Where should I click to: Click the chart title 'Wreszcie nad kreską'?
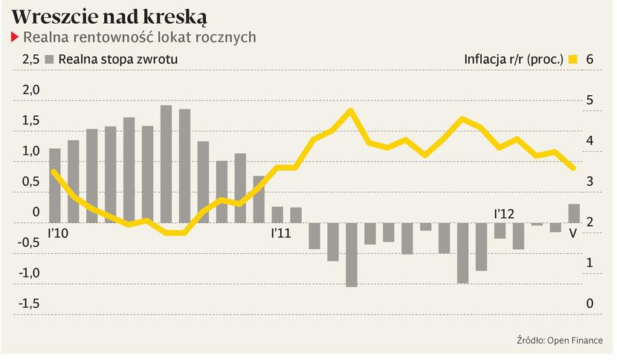(109, 17)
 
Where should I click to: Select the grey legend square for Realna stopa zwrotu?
(50, 60)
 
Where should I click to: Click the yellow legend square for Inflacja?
(572, 60)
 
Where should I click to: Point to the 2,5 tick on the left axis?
(30, 60)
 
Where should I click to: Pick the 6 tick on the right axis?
(589, 60)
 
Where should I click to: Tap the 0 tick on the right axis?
(589, 303)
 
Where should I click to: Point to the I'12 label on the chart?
(504, 213)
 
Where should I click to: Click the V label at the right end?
(572, 233)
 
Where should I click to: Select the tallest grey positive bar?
(166, 164)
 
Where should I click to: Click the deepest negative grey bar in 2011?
(352, 254)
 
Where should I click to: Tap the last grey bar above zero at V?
(574, 213)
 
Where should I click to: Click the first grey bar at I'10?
(54, 185)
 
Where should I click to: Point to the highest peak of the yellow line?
(351, 111)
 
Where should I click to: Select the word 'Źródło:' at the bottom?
(531, 340)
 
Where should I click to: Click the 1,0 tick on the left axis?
(30, 151)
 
